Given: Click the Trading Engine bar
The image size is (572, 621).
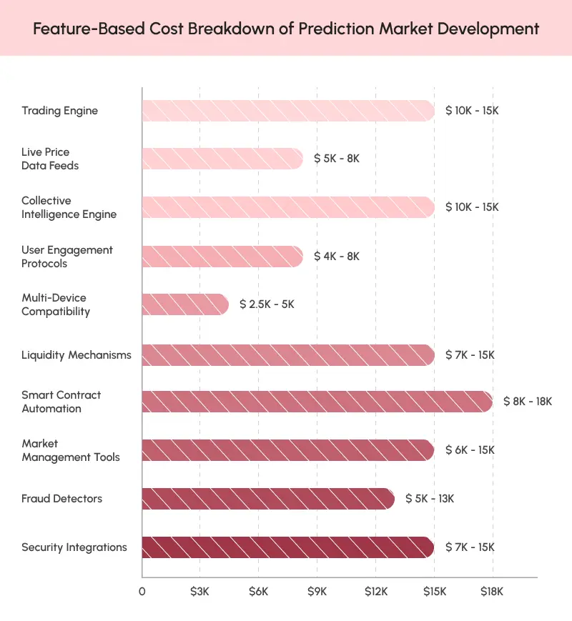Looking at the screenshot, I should click(287, 111).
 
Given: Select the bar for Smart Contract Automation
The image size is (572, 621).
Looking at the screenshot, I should click(317, 402).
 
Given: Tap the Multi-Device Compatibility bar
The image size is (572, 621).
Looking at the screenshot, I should click(185, 304).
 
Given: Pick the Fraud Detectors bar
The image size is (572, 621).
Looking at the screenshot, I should click(268, 499).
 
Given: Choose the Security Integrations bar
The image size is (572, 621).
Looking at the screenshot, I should click(287, 547).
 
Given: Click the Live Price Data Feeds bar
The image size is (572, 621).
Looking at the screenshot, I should click(222, 159).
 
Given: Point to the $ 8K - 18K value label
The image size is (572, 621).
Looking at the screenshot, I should click(528, 402).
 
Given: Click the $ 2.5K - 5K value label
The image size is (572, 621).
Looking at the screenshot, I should click(267, 304).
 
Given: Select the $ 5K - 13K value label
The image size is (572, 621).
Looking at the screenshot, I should click(430, 499).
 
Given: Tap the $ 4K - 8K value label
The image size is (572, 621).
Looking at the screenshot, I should click(337, 256).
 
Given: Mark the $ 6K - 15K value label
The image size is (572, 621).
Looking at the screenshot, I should click(470, 450).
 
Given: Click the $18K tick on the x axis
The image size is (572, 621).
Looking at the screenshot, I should click(492, 592).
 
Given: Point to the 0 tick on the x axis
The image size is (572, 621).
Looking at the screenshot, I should click(142, 592).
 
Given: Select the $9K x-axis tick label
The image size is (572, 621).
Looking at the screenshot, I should click(317, 592).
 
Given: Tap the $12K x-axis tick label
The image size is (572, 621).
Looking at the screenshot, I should click(375, 592).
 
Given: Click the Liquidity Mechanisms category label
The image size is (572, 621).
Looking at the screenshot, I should click(77, 355).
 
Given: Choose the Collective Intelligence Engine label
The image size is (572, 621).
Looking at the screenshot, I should click(69, 207).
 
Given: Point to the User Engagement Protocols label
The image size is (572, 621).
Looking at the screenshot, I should click(67, 257).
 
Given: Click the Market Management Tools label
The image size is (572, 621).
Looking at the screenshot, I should click(71, 450).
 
